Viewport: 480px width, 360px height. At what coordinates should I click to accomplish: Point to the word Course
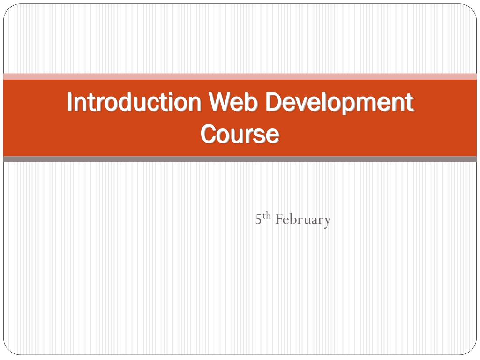240,134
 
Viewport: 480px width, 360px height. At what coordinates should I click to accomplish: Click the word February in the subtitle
303,219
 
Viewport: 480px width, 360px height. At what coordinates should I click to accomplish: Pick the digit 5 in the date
258,219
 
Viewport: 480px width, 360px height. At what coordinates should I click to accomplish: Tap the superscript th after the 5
267,216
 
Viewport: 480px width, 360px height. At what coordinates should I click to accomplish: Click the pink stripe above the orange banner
240,76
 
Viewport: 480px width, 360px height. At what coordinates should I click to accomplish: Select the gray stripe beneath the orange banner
240,159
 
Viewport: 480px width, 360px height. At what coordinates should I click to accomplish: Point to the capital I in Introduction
70,103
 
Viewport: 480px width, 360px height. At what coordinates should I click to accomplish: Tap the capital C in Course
208,134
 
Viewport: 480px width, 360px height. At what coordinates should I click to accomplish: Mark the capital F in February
278,219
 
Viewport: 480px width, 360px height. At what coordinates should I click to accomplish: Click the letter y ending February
327,221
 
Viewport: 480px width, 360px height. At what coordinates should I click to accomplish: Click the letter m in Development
375,104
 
